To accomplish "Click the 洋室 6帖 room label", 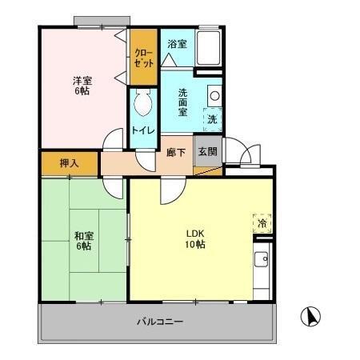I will tap(82, 86).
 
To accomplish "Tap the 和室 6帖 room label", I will tap(84, 240).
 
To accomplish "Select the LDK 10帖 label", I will tap(195, 238).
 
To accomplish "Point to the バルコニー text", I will tap(159, 322).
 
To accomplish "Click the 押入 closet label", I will tap(70, 163).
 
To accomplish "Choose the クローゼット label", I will tap(144, 58).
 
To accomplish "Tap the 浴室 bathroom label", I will tap(177, 45).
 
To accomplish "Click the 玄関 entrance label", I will tap(206, 152).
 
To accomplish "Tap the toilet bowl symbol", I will tap(144, 103).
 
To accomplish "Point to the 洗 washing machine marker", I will tap(212, 119).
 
